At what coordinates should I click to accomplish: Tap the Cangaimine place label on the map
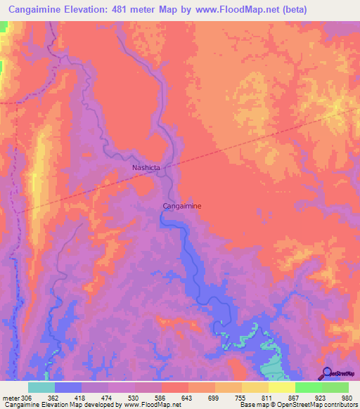point(182,206)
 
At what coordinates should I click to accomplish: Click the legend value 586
point(160,397)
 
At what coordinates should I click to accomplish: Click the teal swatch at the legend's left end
point(41,387)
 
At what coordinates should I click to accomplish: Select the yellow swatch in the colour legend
point(281,387)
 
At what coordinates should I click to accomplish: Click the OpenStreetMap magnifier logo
point(327,373)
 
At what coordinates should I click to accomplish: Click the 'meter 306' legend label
point(15,397)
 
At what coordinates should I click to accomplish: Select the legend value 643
point(188,397)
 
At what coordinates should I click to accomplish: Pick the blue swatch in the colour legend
point(67,387)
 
